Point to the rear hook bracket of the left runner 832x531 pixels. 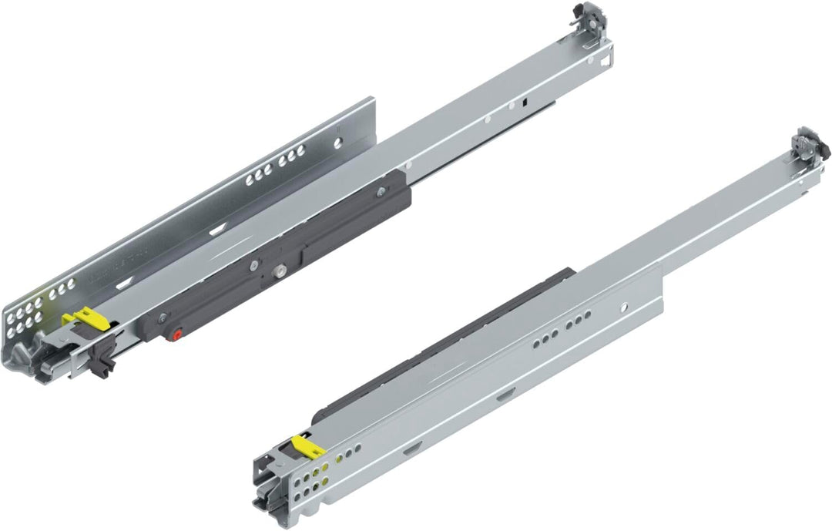(589, 21)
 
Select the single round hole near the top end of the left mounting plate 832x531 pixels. (337, 143)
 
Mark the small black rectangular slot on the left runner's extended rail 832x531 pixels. (523, 100)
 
